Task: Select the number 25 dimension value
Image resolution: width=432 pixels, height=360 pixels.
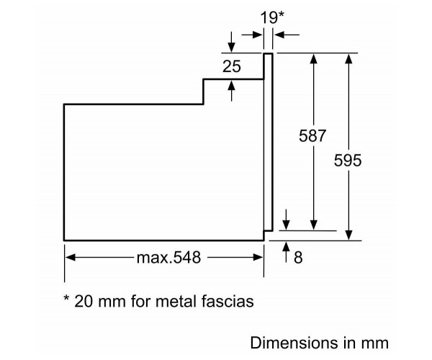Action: click(x=231, y=68)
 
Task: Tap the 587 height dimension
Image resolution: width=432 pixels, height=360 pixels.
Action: click(x=313, y=136)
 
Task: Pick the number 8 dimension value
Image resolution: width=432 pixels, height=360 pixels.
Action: click(x=298, y=257)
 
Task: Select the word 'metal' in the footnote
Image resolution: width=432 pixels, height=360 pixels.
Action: click(x=174, y=301)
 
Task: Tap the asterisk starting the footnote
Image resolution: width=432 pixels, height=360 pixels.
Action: click(x=67, y=299)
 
